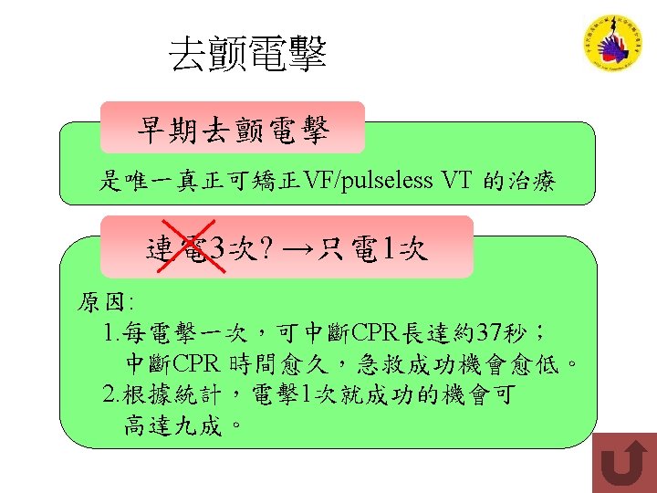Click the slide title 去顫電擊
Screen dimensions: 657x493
pos(247,56)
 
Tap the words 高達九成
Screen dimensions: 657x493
pos(173,425)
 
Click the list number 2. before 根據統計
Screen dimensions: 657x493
pos(113,394)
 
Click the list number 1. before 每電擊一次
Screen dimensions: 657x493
pos(113,330)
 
